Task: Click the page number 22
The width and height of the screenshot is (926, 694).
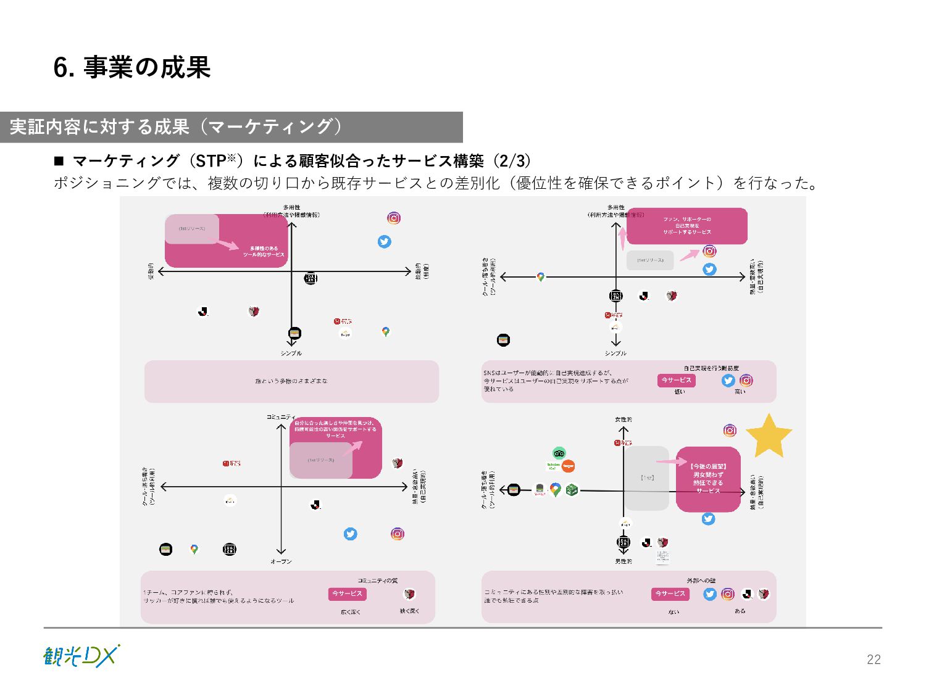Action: click(x=874, y=659)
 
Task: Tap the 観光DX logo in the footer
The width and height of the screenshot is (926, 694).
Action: click(x=81, y=656)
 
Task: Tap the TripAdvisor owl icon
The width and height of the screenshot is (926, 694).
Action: click(x=559, y=453)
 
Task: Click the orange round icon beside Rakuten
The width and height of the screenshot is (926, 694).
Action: click(x=569, y=466)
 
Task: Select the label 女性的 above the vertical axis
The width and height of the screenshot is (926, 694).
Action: click(x=624, y=419)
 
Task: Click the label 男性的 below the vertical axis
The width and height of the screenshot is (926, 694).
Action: click(x=624, y=561)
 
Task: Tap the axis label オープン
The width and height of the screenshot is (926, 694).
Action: click(x=281, y=561)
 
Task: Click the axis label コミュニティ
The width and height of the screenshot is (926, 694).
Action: click(x=281, y=417)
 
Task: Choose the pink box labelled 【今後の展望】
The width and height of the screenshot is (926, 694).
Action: click(x=708, y=479)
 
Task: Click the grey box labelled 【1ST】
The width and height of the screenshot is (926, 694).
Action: click(x=647, y=478)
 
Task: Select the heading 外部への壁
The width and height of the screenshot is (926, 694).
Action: click(x=701, y=580)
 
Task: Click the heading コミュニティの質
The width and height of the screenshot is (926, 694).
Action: click(x=377, y=580)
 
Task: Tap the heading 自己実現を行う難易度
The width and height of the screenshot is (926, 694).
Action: click(x=711, y=368)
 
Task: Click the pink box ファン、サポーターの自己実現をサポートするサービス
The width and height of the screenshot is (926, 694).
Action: click(x=686, y=226)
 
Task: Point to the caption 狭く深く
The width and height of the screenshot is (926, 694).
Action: click(x=409, y=611)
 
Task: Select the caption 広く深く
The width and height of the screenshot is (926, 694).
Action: click(x=350, y=612)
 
